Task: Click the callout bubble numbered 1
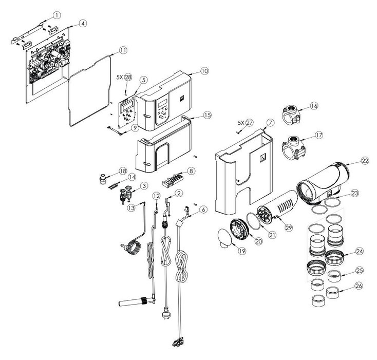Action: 56,15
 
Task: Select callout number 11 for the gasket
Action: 123,50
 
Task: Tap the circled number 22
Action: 365,161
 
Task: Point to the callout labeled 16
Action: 314,106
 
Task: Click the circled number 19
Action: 242,251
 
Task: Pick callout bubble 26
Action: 359,286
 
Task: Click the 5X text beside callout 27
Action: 241,123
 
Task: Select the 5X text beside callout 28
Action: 120,77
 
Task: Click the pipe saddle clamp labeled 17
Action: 293,147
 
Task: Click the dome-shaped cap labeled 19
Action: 225,238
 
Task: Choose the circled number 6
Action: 203,210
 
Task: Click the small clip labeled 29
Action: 276,217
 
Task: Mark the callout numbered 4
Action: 83,24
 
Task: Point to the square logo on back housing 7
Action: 262,157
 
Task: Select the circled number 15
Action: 207,115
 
